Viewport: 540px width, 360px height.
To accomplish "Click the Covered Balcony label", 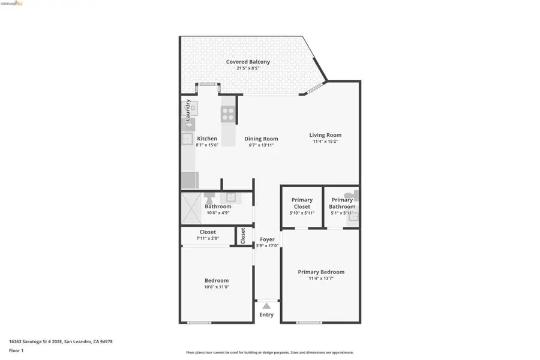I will (248, 62).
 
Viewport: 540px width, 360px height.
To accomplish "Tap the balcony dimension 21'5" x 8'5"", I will (248, 68).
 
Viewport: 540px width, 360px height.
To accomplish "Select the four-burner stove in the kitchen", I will (229, 114).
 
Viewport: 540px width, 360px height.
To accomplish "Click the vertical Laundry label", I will (188, 110).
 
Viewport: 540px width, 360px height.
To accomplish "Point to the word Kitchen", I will (207, 139).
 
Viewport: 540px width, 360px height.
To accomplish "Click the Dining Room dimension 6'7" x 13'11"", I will (261, 145).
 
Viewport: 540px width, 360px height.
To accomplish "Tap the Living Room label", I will (325, 135).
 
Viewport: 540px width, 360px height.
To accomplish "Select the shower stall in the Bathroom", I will (193, 208).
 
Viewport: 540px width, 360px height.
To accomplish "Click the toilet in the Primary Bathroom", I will (355, 195).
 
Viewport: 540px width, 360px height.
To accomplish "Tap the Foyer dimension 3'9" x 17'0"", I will (267, 245).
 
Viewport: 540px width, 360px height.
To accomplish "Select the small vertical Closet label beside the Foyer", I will (243, 235).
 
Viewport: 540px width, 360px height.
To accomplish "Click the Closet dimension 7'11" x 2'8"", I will (208, 238).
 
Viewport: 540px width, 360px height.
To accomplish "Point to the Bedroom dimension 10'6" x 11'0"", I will (217, 287).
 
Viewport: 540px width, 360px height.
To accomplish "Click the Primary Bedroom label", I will (321, 272).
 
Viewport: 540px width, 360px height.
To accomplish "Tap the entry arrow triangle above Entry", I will (266, 307).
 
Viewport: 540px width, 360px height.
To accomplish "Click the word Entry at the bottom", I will (266, 315).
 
